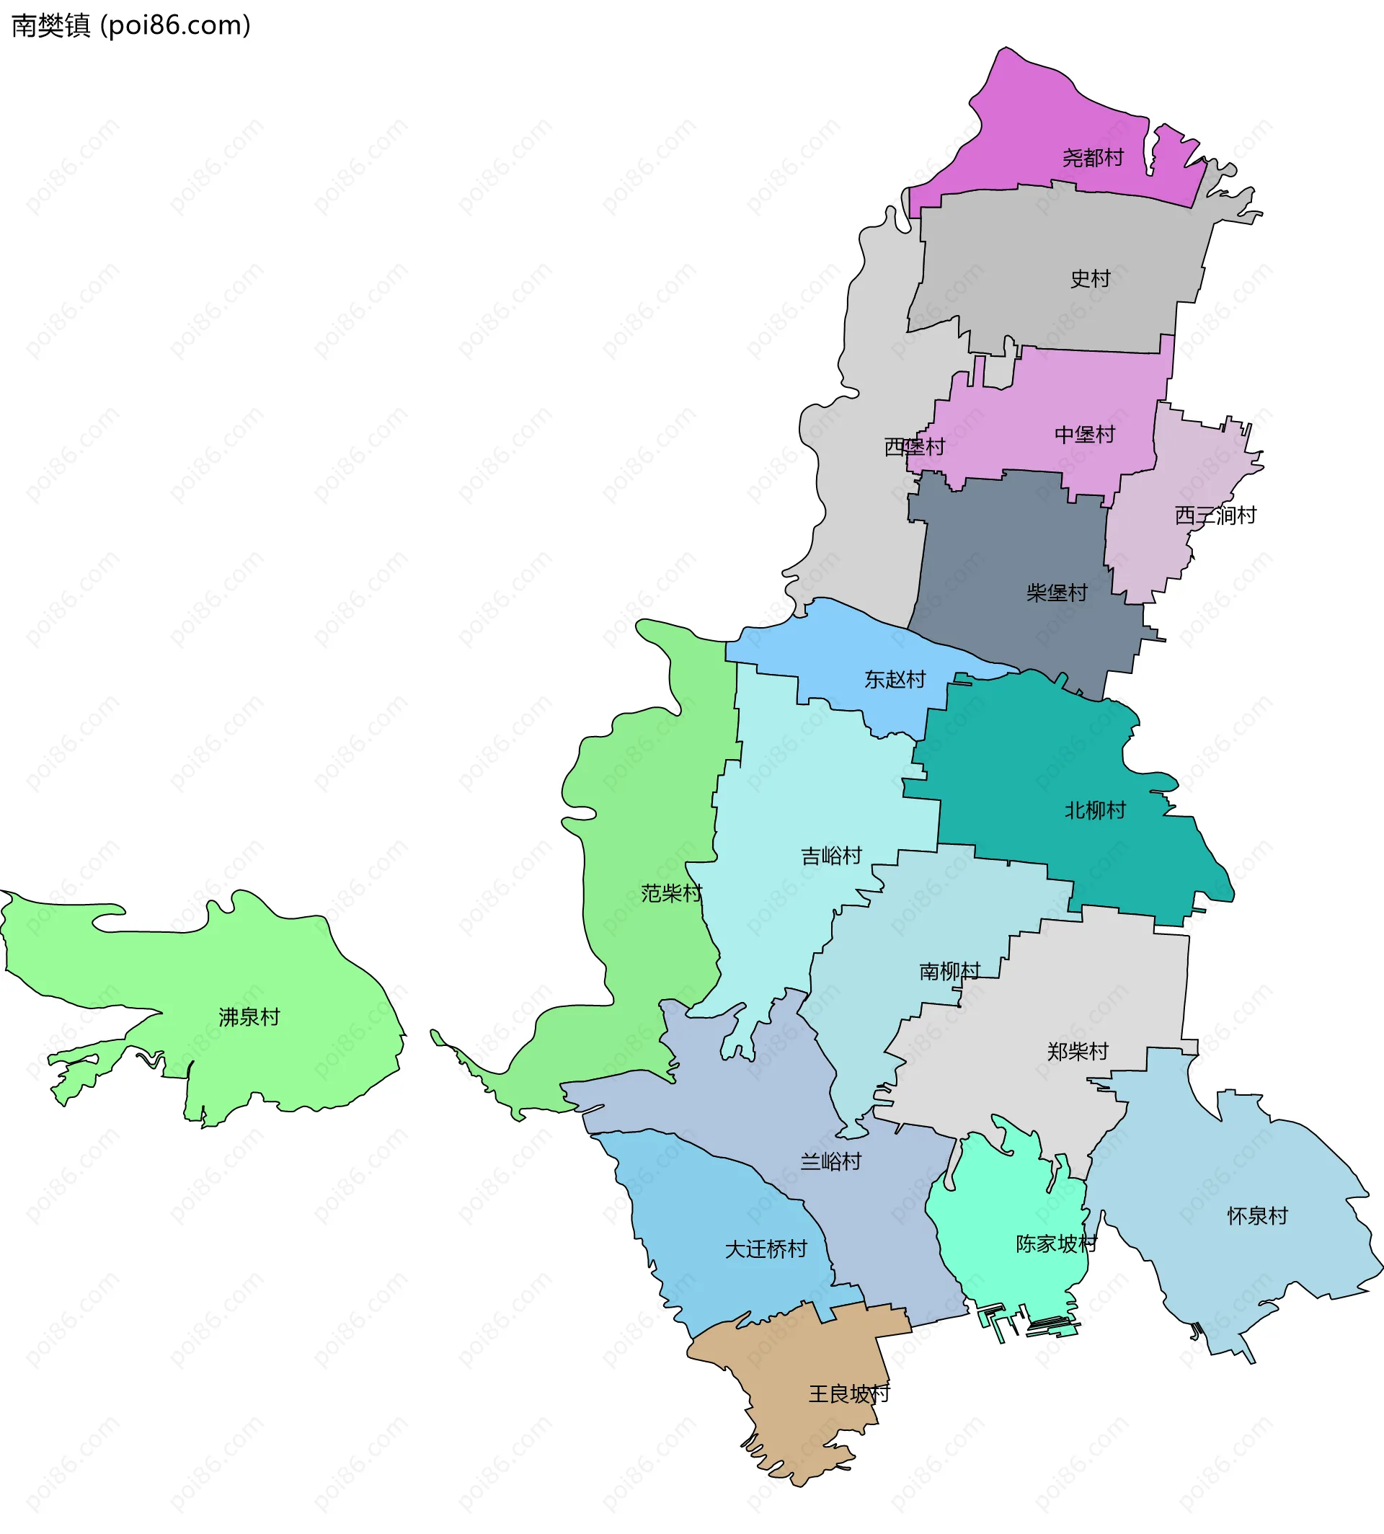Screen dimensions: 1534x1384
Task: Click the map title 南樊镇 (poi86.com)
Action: pos(130,26)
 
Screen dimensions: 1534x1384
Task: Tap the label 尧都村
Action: pos(1092,158)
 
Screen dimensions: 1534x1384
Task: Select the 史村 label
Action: pos(1090,279)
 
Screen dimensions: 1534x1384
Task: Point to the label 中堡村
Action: pos(1083,435)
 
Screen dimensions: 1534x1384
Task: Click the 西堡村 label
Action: pos(914,447)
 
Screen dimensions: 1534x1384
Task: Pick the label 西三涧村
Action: pos(1215,515)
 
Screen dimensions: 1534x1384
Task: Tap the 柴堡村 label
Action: pos(1056,593)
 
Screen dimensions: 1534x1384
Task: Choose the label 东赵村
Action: pos(895,680)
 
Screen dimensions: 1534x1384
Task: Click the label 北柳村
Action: pos(1094,811)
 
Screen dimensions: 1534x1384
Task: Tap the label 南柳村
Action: pos(949,972)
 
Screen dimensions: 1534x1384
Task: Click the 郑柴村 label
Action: pos(1077,1052)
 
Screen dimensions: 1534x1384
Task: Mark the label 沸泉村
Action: pos(249,1018)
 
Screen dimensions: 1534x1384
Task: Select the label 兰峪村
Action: pos(830,1162)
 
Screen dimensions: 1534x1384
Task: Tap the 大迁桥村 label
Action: pos(765,1249)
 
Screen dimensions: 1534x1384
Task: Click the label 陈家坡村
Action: pos(1055,1244)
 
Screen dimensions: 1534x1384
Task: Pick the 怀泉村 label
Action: pos(1257,1216)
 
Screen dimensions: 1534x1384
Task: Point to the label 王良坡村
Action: pos(848,1394)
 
